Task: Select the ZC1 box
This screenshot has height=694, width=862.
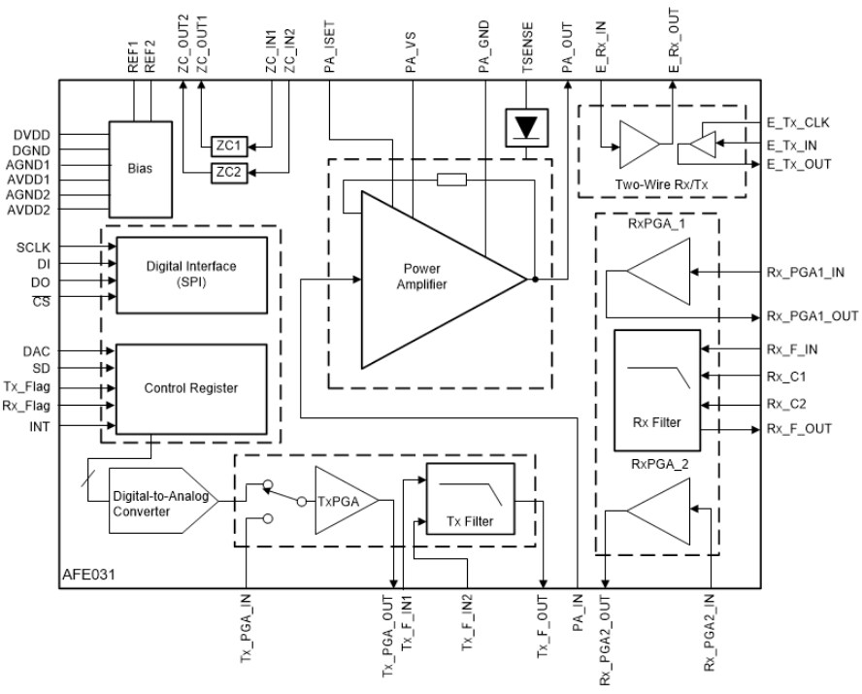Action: click(229, 147)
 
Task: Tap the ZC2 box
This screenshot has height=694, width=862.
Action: click(229, 172)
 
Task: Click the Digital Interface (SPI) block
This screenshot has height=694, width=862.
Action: click(190, 274)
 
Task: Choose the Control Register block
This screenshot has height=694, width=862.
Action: click(190, 387)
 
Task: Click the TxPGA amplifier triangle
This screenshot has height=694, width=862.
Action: click(335, 502)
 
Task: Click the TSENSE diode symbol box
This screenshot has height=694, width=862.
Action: click(524, 128)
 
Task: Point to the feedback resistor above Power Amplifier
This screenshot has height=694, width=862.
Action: click(451, 179)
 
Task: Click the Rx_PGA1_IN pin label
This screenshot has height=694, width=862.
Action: click(805, 274)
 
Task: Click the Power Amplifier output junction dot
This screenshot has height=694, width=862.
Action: click(534, 280)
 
